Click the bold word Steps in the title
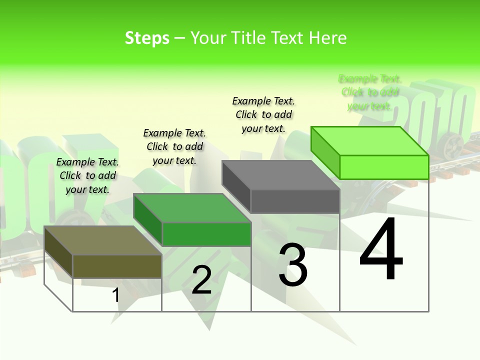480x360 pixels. (x=147, y=38)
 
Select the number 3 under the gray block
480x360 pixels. (x=293, y=265)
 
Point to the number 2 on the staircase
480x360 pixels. (x=201, y=280)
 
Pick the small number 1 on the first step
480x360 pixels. (x=115, y=295)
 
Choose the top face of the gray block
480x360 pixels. (x=280, y=175)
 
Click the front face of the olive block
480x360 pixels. (x=117, y=266)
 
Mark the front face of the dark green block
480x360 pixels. (x=206, y=234)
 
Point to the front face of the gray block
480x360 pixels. (x=295, y=201)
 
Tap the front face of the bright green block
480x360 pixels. (x=384, y=167)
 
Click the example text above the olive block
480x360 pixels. (x=87, y=175)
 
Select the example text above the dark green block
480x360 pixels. (x=174, y=146)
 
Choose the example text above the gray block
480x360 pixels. (x=263, y=114)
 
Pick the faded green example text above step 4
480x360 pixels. (x=369, y=92)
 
